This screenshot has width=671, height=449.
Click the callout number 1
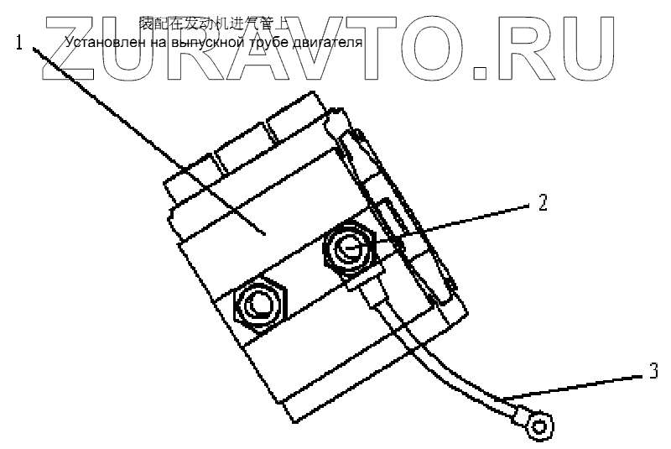[x=19, y=43]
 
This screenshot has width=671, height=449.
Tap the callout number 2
[x=543, y=202]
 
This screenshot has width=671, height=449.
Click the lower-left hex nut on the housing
[x=260, y=303]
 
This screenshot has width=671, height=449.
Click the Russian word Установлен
[x=98, y=41]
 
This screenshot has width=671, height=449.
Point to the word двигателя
[x=325, y=41]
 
